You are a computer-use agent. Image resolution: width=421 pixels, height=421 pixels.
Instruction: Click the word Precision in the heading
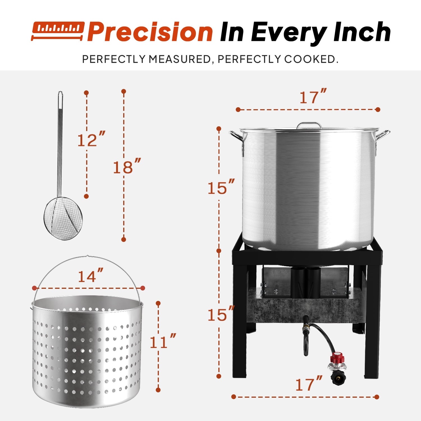tap(150, 32)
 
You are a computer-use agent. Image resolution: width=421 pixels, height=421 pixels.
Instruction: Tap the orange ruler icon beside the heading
tap(58, 31)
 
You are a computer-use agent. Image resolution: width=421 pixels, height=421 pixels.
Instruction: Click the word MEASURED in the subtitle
tap(180, 59)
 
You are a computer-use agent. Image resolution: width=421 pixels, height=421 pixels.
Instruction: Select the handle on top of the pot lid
tap(309, 125)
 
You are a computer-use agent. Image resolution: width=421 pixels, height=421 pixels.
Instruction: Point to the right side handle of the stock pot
tap(382, 139)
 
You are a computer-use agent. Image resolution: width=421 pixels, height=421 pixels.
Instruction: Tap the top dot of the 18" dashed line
tap(123, 91)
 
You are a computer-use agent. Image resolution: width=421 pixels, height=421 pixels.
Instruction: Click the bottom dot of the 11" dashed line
tap(158, 390)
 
